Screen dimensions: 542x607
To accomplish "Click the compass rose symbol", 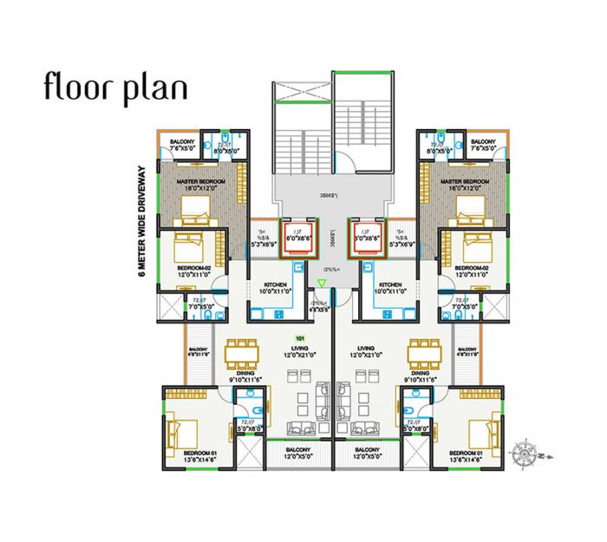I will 525,450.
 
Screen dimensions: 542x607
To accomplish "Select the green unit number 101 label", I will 299,338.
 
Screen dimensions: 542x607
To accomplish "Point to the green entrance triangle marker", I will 323,283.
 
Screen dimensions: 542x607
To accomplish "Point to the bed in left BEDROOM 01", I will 186,431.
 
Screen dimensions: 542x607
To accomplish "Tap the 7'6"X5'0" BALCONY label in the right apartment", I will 482,146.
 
